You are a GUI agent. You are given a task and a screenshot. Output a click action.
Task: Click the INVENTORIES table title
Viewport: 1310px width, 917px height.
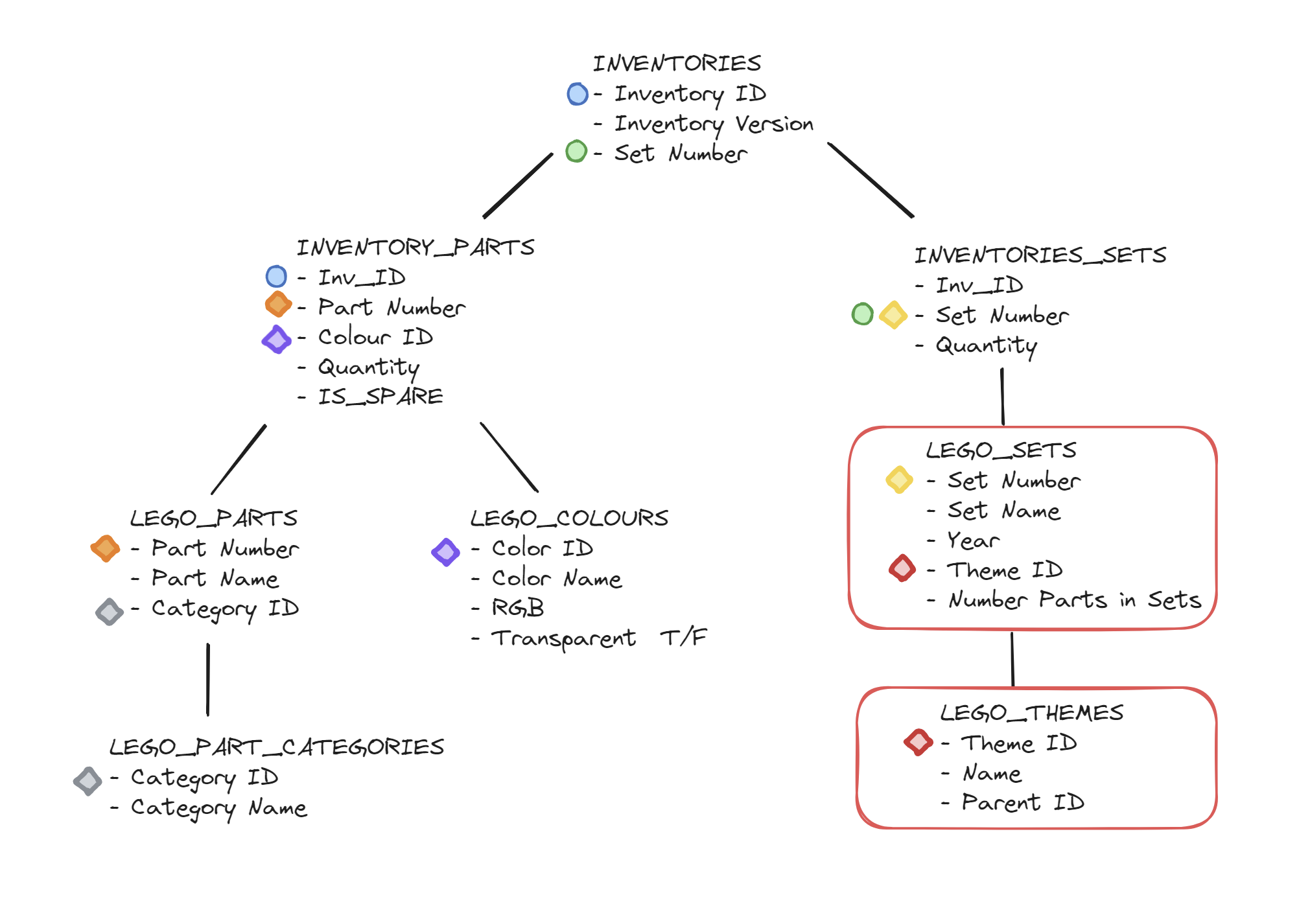click(x=677, y=64)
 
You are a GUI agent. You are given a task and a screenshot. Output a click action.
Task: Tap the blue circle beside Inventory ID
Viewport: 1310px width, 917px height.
click(x=578, y=94)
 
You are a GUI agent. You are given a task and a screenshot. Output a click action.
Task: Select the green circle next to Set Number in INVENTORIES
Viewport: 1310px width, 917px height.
click(x=576, y=152)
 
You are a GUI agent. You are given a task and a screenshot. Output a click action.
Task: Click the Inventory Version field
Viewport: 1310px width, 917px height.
click(x=713, y=123)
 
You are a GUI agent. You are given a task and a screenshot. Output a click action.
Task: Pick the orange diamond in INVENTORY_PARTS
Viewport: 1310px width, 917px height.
click(x=278, y=305)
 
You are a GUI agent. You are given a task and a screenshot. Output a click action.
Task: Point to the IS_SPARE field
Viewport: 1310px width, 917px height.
click(x=380, y=397)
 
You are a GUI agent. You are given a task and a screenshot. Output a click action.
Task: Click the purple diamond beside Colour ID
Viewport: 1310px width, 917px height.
click(x=277, y=339)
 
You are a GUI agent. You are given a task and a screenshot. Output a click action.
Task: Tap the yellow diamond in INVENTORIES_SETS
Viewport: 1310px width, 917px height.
click(x=893, y=315)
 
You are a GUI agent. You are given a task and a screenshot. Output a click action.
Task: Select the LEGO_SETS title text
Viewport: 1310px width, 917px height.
click(x=1001, y=450)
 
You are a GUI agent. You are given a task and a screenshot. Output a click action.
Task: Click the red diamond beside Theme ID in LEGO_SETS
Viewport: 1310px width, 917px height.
click(x=902, y=568)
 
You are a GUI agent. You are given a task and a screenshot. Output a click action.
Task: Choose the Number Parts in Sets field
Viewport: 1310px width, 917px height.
click(x=1075, y=600)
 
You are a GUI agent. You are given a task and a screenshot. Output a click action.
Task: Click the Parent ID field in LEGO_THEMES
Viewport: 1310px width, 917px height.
click(x=1022, y=803)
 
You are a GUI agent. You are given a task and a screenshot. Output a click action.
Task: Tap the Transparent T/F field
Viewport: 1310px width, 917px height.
click(x=598, y=638)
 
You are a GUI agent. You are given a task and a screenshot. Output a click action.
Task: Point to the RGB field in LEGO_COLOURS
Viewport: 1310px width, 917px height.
click(x=517, y=608)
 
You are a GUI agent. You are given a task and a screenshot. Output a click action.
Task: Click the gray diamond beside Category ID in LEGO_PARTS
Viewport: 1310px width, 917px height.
click(x=109, y=611)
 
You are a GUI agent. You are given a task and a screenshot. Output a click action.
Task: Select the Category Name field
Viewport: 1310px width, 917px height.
click(x=218, y=808)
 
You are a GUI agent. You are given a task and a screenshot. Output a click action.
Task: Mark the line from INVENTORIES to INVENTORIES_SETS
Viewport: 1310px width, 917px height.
click(x=871, y=180)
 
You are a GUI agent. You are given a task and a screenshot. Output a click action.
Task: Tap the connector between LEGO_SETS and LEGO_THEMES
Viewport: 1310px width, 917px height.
click(x=1012, y=658)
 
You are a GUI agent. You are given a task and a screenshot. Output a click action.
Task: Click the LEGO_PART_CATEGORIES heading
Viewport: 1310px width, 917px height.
click(x=277, y=747)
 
